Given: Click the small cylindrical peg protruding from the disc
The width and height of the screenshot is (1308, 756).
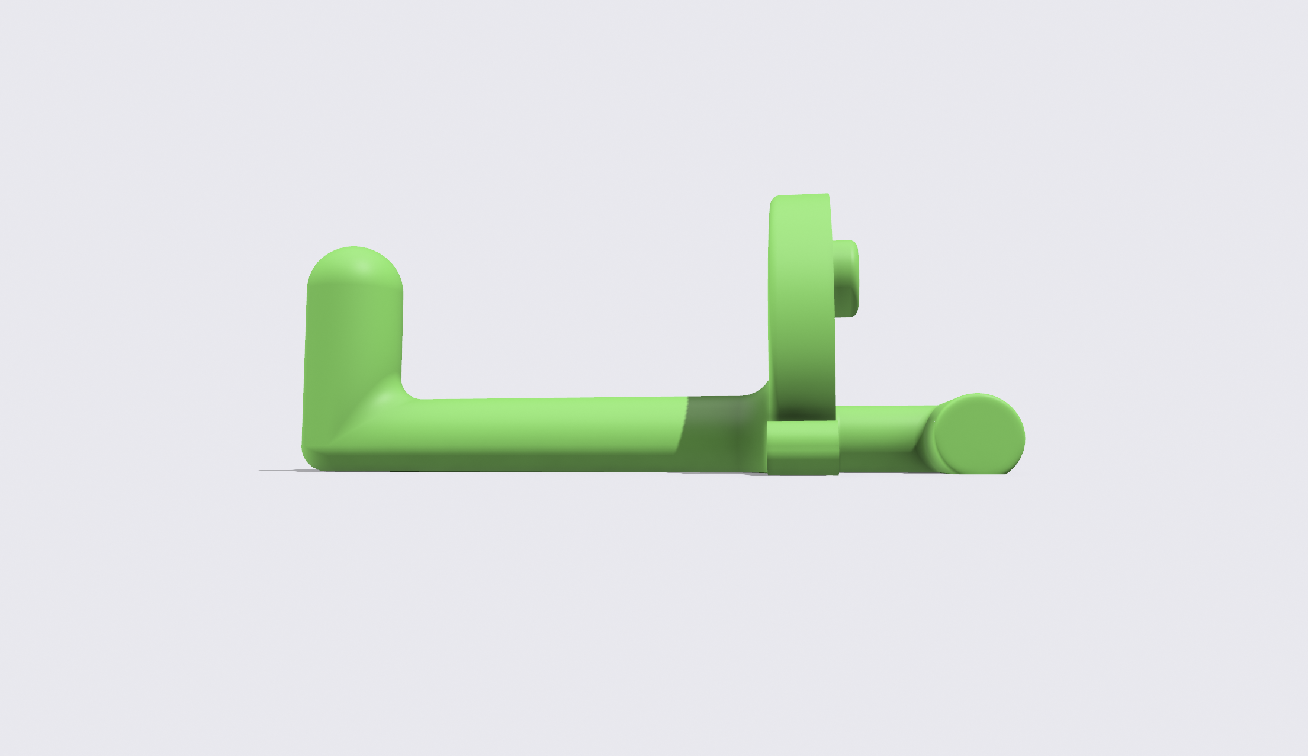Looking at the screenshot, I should [x=844, y=278].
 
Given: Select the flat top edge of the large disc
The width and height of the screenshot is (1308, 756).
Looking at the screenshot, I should [x=799, y=195].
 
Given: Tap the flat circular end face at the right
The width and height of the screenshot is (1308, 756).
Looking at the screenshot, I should [x=980, y=435].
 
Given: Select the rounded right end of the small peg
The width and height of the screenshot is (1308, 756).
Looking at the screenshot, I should [x=855, y=278].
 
